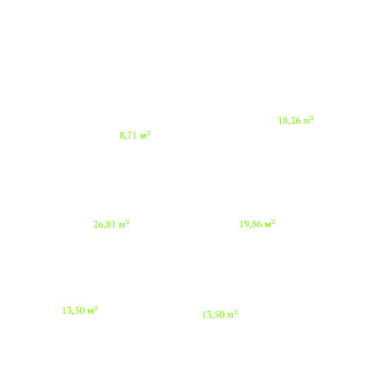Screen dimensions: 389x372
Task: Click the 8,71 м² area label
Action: point(135,135)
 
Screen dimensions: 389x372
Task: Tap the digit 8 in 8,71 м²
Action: point(122,136)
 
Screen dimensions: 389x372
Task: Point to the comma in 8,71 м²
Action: point(126,139)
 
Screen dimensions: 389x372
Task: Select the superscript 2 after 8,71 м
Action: point(148,133)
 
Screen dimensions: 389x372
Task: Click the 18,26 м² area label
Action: point(296,120)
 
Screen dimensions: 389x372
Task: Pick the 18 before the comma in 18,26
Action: point(282,120)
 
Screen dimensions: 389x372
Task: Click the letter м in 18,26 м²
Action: point(306,122)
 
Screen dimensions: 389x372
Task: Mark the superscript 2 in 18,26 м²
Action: point(312,118)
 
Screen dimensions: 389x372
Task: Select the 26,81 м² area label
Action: point(111,225)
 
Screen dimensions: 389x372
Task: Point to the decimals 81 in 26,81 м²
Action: point(111,225)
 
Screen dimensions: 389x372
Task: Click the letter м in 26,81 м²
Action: point(122,226)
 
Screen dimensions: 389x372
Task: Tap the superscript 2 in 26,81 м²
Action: point(127,223)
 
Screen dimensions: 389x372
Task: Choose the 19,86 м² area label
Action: point(257,224)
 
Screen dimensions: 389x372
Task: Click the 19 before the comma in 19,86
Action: point(244,224)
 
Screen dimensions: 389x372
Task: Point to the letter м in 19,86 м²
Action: point(268,225)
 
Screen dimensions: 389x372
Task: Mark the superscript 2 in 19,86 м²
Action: point(273,222)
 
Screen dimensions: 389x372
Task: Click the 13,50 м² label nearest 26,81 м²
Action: point(80,310)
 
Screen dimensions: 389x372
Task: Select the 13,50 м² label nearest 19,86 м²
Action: point(220,315)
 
